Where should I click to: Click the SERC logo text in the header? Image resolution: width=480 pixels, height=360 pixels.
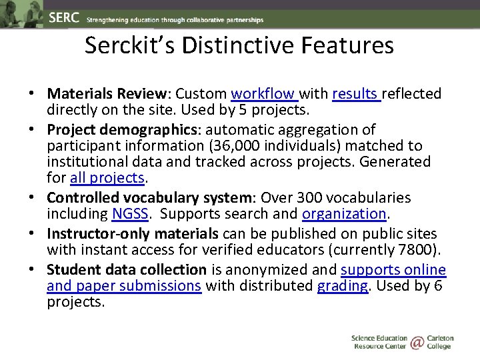pos(64,19)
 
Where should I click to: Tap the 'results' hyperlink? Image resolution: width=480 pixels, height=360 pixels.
pos(355,94)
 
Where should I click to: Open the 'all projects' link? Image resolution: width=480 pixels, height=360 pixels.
pos(107,178)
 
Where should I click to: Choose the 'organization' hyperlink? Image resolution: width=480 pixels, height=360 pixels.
pos(344,214)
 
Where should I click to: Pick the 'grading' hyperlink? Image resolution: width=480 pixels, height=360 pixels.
pos(342,286)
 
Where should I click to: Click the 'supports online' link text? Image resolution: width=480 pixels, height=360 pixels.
pos(393,269)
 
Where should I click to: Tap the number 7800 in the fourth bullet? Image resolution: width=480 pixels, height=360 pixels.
pos(418,250)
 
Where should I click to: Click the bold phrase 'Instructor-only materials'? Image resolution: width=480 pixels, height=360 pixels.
pos(133,233)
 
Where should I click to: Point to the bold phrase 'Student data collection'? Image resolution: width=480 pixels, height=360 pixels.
pos(127,269)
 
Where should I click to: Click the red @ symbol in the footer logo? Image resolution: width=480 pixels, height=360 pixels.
pos(417,343)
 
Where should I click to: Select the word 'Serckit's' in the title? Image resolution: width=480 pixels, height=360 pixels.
pos(124,45)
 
